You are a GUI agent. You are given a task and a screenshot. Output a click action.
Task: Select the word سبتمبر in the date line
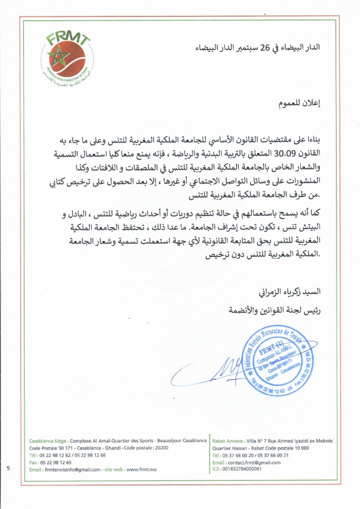coord(245,49)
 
